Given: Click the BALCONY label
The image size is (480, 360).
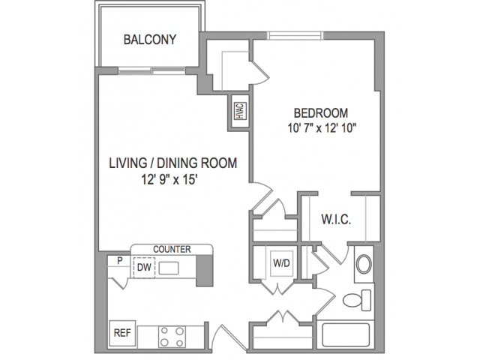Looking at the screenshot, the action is click(150, 40).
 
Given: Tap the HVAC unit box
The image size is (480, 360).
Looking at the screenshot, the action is click(240, 111).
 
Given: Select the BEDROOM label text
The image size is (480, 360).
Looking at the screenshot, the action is click(321, 113).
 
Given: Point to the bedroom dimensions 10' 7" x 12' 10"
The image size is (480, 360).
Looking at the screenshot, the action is click(322, 128).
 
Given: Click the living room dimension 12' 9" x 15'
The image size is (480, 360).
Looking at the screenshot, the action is click(169, 180).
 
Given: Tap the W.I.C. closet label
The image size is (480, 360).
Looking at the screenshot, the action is click(336, 220).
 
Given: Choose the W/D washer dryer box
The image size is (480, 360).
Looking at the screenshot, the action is click(282, 263).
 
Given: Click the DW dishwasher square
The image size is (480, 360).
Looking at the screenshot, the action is click(144, 268).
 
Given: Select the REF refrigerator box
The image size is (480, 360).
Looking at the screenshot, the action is click(122, 333).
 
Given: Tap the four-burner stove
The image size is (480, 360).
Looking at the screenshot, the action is click(172, 337).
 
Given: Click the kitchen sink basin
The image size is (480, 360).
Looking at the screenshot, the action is click(169, 268).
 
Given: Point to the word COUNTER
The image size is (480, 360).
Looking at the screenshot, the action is click(172, 249).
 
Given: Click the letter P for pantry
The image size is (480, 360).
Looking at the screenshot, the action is click(120, 261).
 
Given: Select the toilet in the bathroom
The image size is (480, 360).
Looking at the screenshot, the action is click(357, 300).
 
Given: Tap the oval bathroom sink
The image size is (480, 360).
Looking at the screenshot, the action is click(364, 264).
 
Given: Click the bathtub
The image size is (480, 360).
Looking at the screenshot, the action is click(346, 335).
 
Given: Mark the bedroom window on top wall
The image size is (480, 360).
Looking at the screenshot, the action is click(295, 35).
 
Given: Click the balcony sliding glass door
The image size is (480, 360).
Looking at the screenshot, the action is click(151, 70).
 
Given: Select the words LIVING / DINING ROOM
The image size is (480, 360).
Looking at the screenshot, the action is click(173, 163).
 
